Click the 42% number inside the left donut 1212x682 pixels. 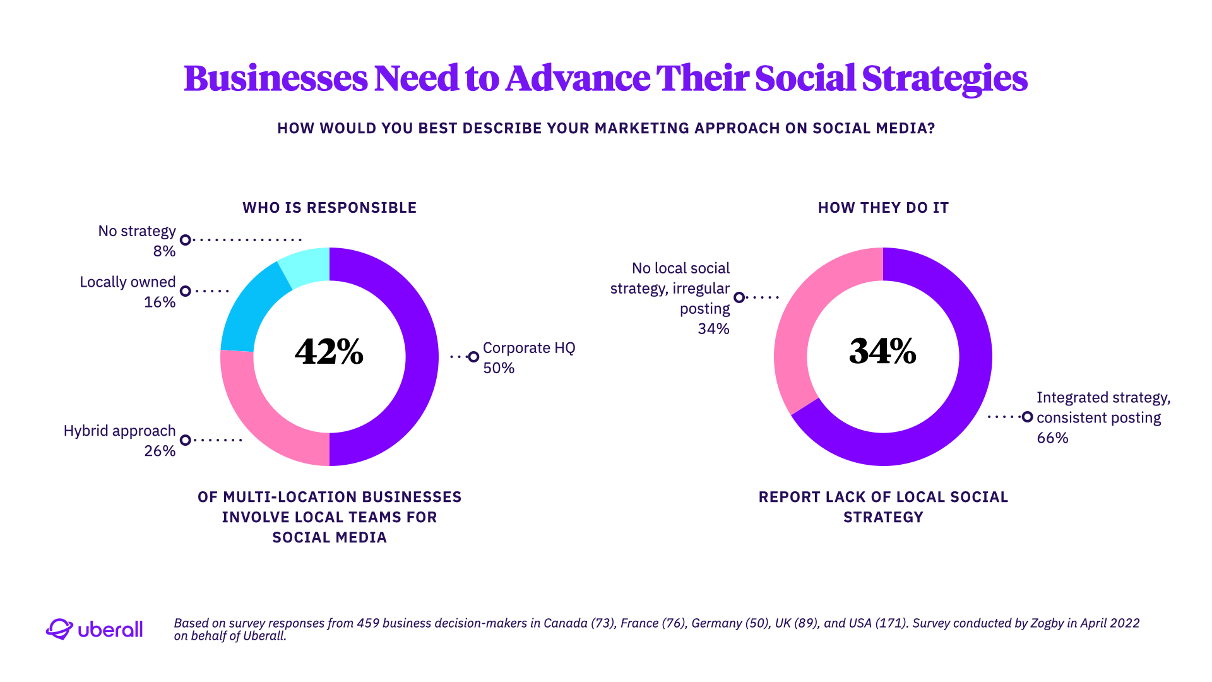[329, 352]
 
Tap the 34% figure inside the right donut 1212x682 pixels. [882, 352]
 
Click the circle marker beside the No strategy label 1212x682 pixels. [185, 240]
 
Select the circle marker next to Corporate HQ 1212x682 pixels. [473, 357]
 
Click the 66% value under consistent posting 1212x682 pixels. [1052, 438]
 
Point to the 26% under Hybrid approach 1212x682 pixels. [160, 451]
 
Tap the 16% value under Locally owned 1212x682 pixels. [160, 302]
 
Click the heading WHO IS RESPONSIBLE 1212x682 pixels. [330, 208]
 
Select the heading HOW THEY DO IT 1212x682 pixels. [883, 208]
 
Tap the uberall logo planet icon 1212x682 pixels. [59, 629]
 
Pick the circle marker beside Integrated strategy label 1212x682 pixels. [1027, 417]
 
